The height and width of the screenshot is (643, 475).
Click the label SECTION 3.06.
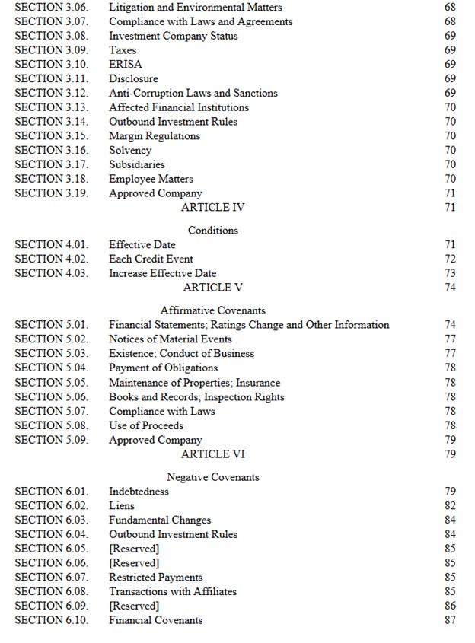tap(51, 8)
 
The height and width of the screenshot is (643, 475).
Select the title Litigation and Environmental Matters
tap(196, 8)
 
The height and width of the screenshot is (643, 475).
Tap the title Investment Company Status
tap(173, 36)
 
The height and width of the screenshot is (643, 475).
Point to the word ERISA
tap(126, 65)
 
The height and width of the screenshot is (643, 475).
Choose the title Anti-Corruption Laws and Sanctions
tap(193, 93)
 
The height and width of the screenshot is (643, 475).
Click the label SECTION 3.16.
tap(51, 150)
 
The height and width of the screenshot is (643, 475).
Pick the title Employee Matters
tap(151, 179)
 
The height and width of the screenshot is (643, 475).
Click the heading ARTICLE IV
tap(212, 207)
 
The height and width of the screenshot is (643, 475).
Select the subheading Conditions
tap(212, 230)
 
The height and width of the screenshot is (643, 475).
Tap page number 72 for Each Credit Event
tap(450, 259)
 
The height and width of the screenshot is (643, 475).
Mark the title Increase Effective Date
tap(162, 273)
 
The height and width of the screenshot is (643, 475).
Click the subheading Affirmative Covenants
tap(212, 310)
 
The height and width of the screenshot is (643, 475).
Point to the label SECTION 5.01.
tap(51, 325)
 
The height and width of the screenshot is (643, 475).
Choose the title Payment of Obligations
tap(163, 368)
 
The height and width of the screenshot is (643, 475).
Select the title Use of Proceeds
tap(146, 425)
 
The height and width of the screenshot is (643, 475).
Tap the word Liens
tap(122, 505)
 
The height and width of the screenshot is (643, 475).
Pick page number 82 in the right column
tap(450, 505)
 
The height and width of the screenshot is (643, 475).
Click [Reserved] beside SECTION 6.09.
tap(134, 606)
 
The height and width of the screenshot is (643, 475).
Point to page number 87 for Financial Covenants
tap(450, 620)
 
